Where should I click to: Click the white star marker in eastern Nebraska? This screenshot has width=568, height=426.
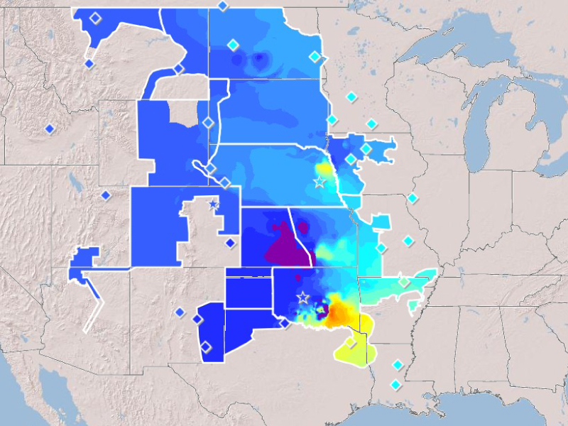pos(319,182)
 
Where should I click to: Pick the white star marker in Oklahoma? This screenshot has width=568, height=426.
pos(303,297)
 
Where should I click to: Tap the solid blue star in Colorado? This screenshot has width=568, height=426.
pos(213,204)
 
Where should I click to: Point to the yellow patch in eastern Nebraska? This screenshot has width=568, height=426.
pos(324,169)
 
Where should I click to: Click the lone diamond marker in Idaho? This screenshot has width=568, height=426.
pos(50,129)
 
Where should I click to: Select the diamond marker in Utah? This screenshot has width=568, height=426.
pos(105,195)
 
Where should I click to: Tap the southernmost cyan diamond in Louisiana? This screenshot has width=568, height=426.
pos(395,385)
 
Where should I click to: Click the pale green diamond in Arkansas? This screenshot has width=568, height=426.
pos(404,282)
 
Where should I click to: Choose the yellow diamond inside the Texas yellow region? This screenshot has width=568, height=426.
pos(350,343)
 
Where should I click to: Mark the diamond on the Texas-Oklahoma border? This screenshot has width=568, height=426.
pos(283,323)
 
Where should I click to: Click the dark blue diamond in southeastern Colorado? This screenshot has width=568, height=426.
pos(230,243)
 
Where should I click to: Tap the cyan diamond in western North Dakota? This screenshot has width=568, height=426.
pos(232,45)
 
